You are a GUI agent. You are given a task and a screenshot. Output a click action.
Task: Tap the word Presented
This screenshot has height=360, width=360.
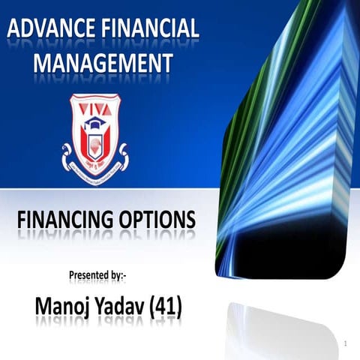point(91,275)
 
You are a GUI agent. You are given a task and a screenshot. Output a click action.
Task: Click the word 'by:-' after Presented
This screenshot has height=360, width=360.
point(124,275)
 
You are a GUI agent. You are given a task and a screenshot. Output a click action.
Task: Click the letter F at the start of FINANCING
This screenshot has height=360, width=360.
point(21,220)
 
